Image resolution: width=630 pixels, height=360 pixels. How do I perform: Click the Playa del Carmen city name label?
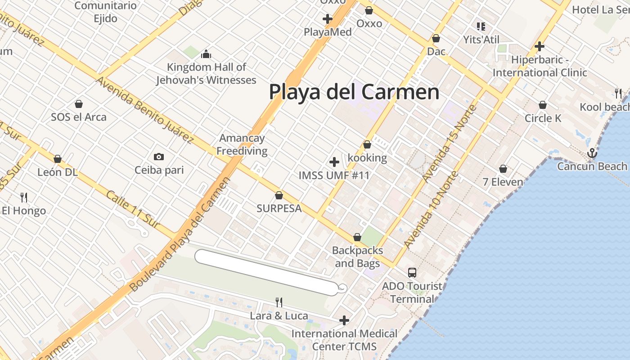click(354, 92)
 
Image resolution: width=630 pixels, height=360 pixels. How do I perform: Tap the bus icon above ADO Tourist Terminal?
click(412, 272)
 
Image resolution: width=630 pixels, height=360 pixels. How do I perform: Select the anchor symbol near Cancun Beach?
click(592, 153)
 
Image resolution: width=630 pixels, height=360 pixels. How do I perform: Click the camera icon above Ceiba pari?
click(158, 157)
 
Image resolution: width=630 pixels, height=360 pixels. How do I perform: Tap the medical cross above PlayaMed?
click(328, 19)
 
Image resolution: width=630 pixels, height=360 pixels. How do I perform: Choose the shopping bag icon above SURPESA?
click(279, 195)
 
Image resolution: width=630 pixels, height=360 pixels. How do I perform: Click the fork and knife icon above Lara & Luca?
click(279, 302)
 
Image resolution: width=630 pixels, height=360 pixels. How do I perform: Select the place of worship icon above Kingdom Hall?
click(206, 54)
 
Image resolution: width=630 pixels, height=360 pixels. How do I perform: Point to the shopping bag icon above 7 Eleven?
click(503, 169)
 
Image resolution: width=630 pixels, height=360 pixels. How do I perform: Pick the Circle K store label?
click(543, 118)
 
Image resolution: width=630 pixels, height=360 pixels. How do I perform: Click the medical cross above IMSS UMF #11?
click(334, 162)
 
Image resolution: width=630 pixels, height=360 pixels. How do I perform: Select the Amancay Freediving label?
click(242, 144)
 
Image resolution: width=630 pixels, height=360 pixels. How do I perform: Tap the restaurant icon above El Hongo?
click(24, 197)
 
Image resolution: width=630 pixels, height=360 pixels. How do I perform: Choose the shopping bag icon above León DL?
click(58, 159)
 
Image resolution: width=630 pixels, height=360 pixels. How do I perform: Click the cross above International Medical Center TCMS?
click(344, 320)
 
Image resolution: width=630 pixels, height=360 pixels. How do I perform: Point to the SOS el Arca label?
click(79, 117)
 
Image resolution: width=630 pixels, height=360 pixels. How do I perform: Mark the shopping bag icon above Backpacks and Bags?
click(357, 237)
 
